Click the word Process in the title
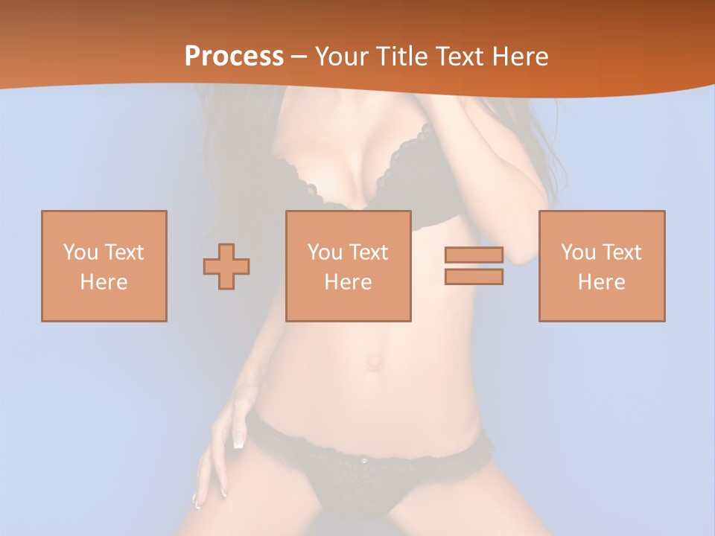click(x=234, y=57)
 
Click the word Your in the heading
click(x=340, y=57)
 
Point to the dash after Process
click(x=299, y=57)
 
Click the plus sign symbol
click(x=226, y=266)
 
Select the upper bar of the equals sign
click(x=474, y=255)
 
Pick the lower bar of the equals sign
click(x=474, y=276)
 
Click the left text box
click(x=104, y=266)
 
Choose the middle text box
click(x=348, y=266)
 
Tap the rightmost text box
click(x=602, y=266)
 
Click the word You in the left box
click(x=80, y=252)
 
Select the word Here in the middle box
click(x=348, y=282)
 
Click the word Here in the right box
click(x=602, y=282)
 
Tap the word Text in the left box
click(x=124, y=252)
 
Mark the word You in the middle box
click(x=324, y=252)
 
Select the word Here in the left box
click(x=104, y=282)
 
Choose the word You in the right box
click(x=577, y=252)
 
